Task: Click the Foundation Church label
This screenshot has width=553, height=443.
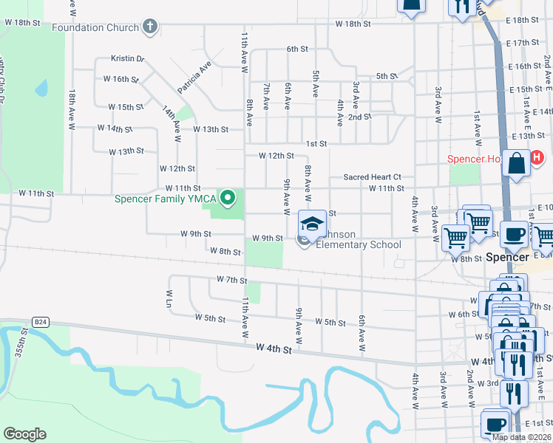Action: (95, 28)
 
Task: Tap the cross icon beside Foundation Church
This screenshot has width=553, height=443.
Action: (150, 27)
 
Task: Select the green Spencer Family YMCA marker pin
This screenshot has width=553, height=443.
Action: (228, 197)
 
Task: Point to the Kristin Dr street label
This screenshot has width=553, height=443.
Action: (127, 58)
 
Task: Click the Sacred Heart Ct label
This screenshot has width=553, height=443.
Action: (372, 177)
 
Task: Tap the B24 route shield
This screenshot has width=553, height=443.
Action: (41, 322)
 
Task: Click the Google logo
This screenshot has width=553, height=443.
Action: (24, 434)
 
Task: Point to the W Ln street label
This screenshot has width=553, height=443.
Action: (169, 298)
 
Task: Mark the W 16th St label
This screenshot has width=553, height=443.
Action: (121, 79)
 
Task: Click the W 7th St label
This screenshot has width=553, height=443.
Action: (231, 280)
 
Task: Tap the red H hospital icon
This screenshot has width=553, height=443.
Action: (537, 157)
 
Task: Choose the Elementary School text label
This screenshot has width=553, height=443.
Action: (359, 245)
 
